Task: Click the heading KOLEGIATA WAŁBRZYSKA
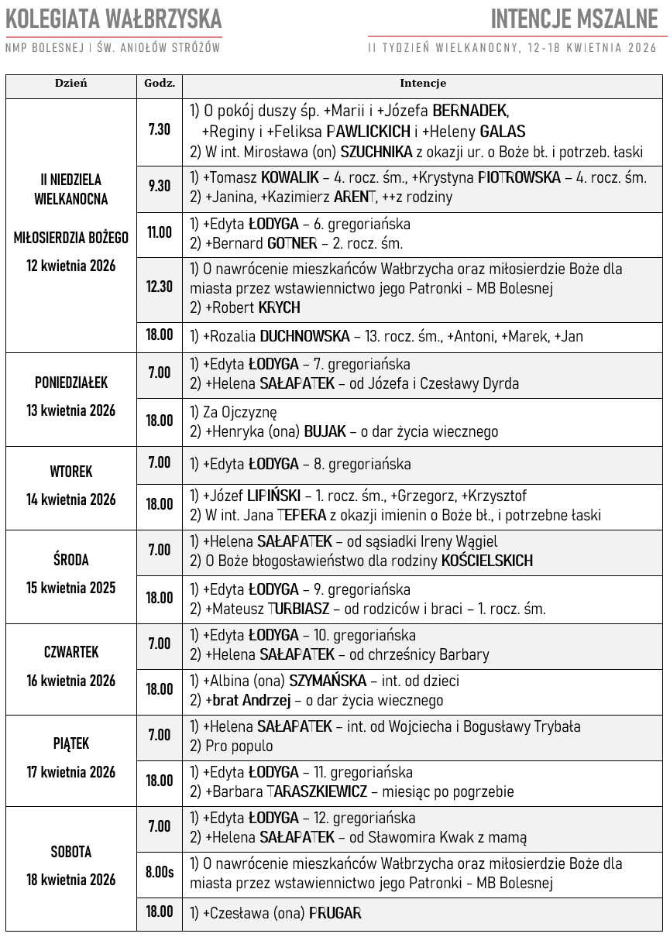point(114,19)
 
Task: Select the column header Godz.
point(160,84)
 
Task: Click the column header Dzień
point(70,84)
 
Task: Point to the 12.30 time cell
point(160,287)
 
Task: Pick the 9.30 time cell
point(160,186)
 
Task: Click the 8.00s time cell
point(160,872)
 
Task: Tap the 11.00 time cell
point(160,232)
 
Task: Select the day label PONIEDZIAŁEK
point(71,383)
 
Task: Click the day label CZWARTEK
point(71,652)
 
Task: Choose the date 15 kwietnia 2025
point(71,588)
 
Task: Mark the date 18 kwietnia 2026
point(71,880)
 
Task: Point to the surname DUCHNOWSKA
point(305,337)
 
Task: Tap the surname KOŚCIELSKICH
point(486,561)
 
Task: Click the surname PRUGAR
point(335,913)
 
